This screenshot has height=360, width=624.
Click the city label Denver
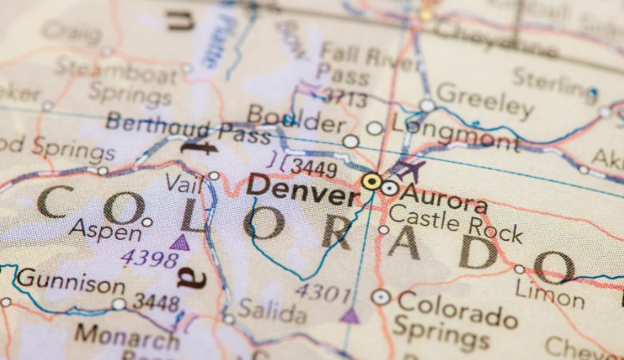(x=302, y=190)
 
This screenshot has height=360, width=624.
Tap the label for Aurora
(x=444, y=197)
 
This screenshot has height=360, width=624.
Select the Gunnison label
(x=70, y=281)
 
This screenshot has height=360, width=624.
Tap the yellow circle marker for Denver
(x=371, y=182)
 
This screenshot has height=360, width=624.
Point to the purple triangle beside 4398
(x=181, y=242)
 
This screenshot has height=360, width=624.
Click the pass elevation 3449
(x=313, y=167)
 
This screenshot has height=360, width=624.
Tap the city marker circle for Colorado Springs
(x=381, y=297)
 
